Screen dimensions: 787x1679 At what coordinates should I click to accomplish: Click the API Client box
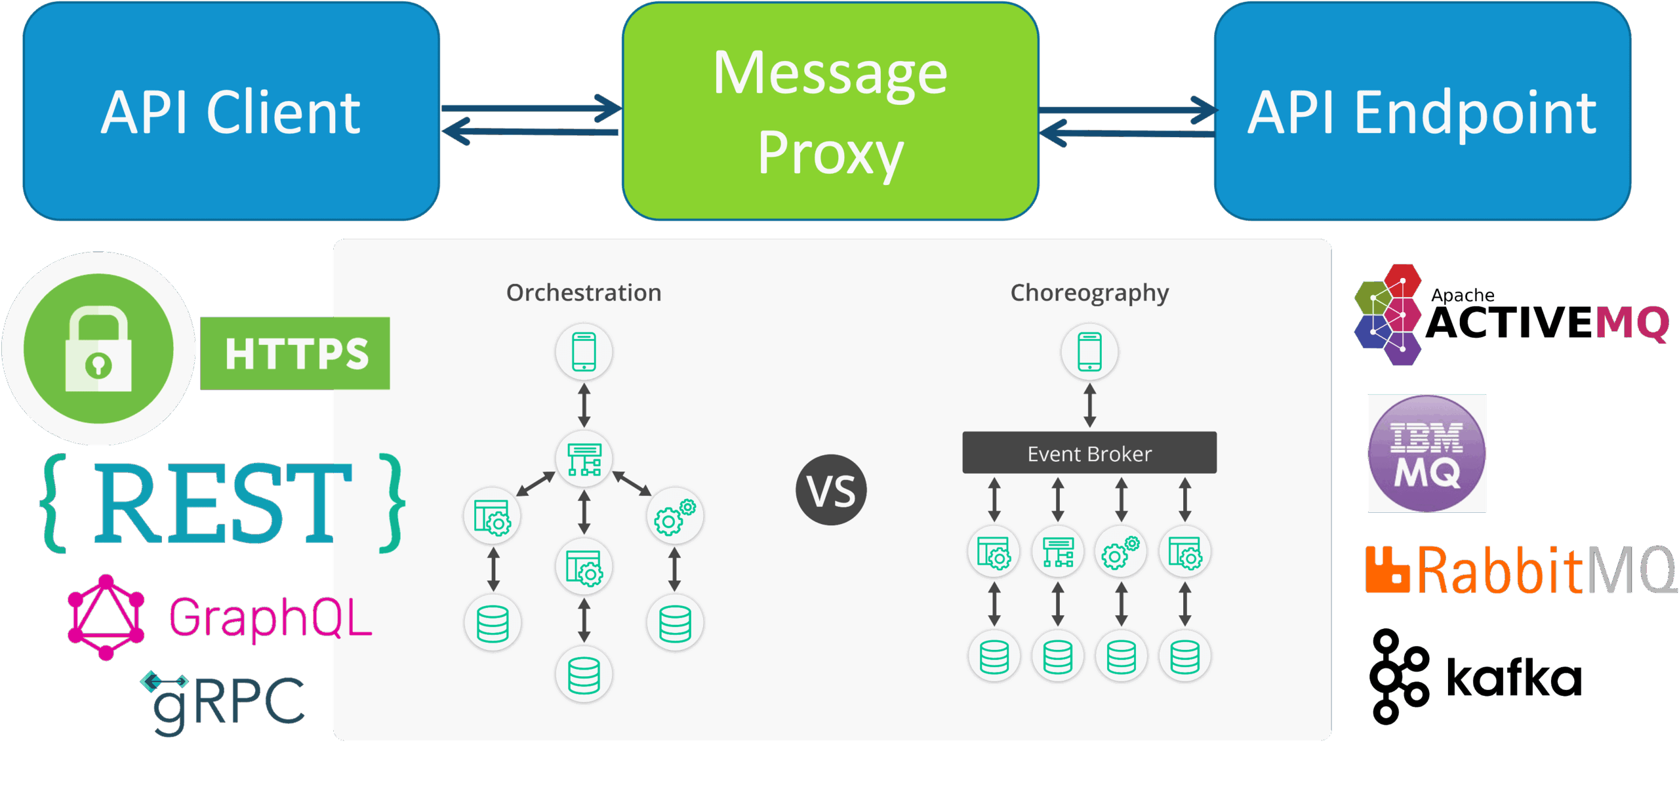231,111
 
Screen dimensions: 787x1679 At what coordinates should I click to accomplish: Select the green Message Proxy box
830,111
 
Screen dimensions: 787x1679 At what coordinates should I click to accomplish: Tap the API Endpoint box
1422,111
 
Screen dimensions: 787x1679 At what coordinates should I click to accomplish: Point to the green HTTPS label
295,353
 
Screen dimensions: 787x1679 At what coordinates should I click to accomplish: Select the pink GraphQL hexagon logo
106,617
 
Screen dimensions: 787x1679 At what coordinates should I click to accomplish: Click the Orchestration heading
584,293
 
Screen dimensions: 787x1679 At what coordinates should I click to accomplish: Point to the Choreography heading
1089,293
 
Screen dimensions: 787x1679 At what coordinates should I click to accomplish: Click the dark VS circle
831,490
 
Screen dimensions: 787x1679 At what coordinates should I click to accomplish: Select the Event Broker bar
1089,453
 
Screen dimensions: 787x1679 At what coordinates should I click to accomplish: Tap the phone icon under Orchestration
584,352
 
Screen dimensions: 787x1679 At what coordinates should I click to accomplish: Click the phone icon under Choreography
1089,352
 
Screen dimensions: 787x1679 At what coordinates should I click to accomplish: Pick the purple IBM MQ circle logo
1426,453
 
